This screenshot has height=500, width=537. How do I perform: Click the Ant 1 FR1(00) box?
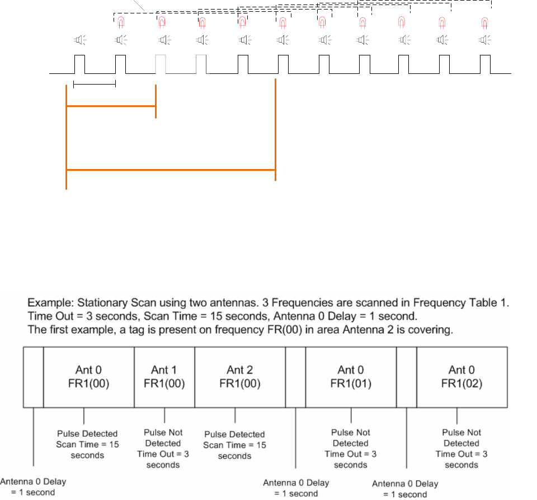[x=164, y=376]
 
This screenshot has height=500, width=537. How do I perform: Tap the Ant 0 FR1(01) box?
[x=351, y=376]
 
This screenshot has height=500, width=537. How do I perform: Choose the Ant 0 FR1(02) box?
[x=462, y=376]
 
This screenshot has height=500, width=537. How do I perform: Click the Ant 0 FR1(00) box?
[x=88, y=376]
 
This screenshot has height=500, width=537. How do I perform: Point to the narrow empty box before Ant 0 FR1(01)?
[x=295, y=376]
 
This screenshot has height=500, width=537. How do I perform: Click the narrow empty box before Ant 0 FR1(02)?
[x=406, y=376]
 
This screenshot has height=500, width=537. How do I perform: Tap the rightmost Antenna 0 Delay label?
[x=405, y=489]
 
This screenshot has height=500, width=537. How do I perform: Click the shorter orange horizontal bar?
[x=111, y=105]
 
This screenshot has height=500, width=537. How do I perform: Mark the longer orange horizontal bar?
[x=171, y=169]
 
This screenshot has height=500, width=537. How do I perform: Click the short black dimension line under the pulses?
[x=94, y=85]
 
